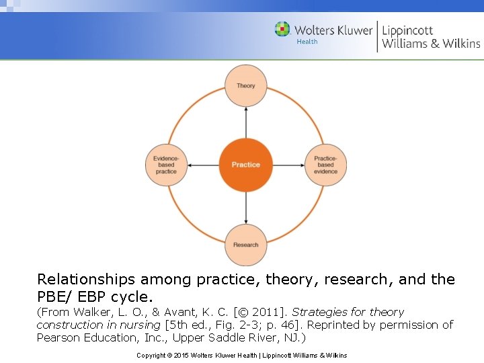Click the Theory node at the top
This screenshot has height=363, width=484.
coord(246,86)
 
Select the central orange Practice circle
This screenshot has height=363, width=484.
coord(246,165)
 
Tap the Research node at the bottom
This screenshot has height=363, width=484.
coord(246,245)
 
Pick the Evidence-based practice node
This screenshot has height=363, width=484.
coord(166,165)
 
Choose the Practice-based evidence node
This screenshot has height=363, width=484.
coord(325,165)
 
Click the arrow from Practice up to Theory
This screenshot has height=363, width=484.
coord(246,124)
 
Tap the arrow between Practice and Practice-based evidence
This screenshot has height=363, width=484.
coord(288,165)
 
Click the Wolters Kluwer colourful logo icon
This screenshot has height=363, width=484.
coord(282,29)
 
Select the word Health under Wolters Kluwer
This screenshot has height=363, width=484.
coord(307,42)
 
